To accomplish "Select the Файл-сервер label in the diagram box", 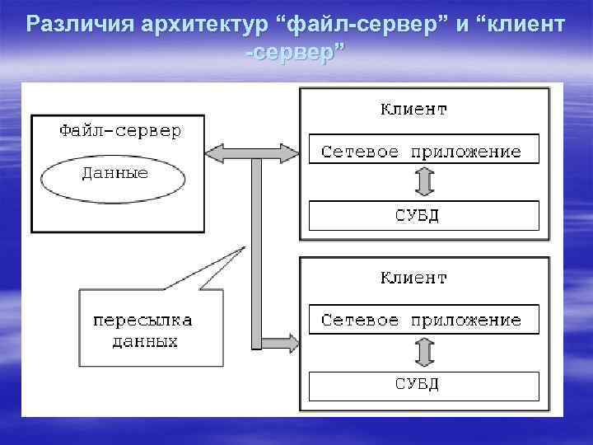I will click(120, 131).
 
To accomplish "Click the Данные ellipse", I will click(114, 174).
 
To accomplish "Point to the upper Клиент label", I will click(413, 109).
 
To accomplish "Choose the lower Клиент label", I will click(413, 278).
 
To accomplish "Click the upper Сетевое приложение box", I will click(422, 152).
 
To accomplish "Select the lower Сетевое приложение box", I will click(422, 320).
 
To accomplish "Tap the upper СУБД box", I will click(423, 216).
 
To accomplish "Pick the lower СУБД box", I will click(423, 384).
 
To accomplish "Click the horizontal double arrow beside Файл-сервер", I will click(253, 152).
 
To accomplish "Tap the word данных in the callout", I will click(145, 340).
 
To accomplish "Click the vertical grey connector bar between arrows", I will click(256, 247).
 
